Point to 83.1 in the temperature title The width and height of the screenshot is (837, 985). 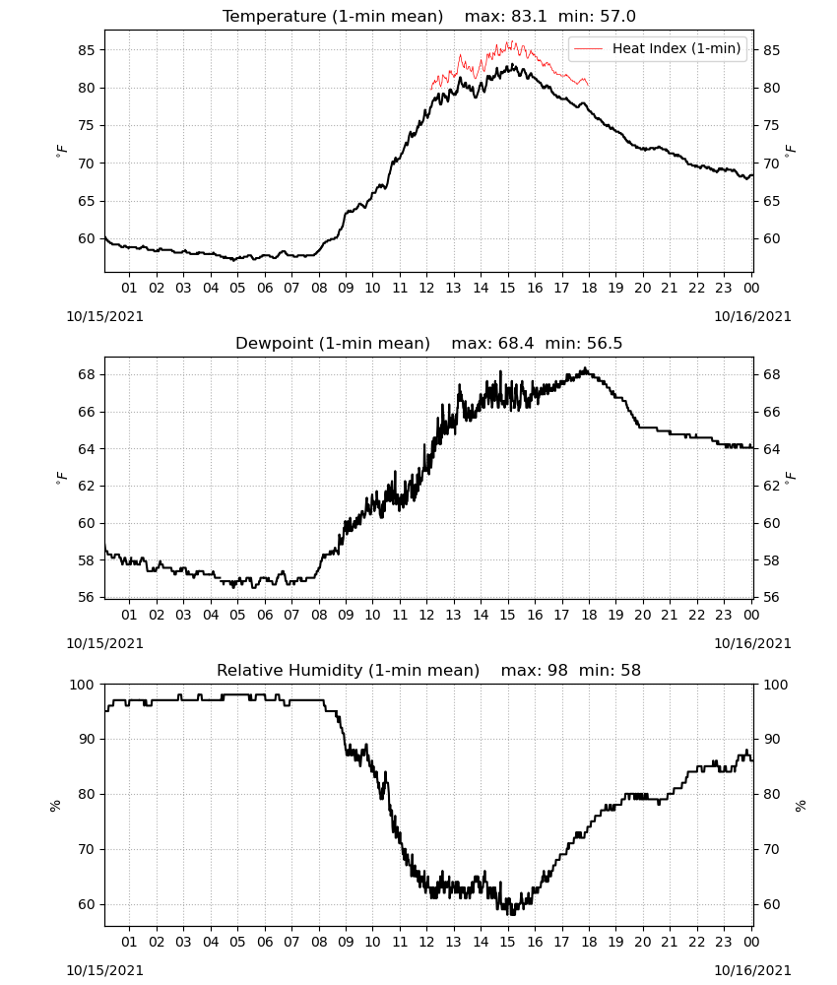[529, 16]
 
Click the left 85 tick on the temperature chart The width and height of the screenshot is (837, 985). [87, 49]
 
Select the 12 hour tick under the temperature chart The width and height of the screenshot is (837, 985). [426, 288]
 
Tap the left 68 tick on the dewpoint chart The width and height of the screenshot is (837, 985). [87, 374]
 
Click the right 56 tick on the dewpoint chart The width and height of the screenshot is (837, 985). [771, 598]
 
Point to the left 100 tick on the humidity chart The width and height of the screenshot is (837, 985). [82, 685]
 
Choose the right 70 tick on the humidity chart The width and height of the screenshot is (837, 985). [771, 849]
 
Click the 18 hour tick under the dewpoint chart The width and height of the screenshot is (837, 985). [589, 615]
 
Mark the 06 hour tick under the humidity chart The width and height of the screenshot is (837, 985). [265, 943]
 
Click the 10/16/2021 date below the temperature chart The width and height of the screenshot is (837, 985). [752, 316]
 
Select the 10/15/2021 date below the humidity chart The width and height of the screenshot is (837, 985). [104, 970]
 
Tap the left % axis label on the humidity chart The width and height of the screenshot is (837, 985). [55, 806]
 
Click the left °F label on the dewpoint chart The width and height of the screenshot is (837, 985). [61, 478]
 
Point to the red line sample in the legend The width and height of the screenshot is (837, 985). [588, 48]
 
